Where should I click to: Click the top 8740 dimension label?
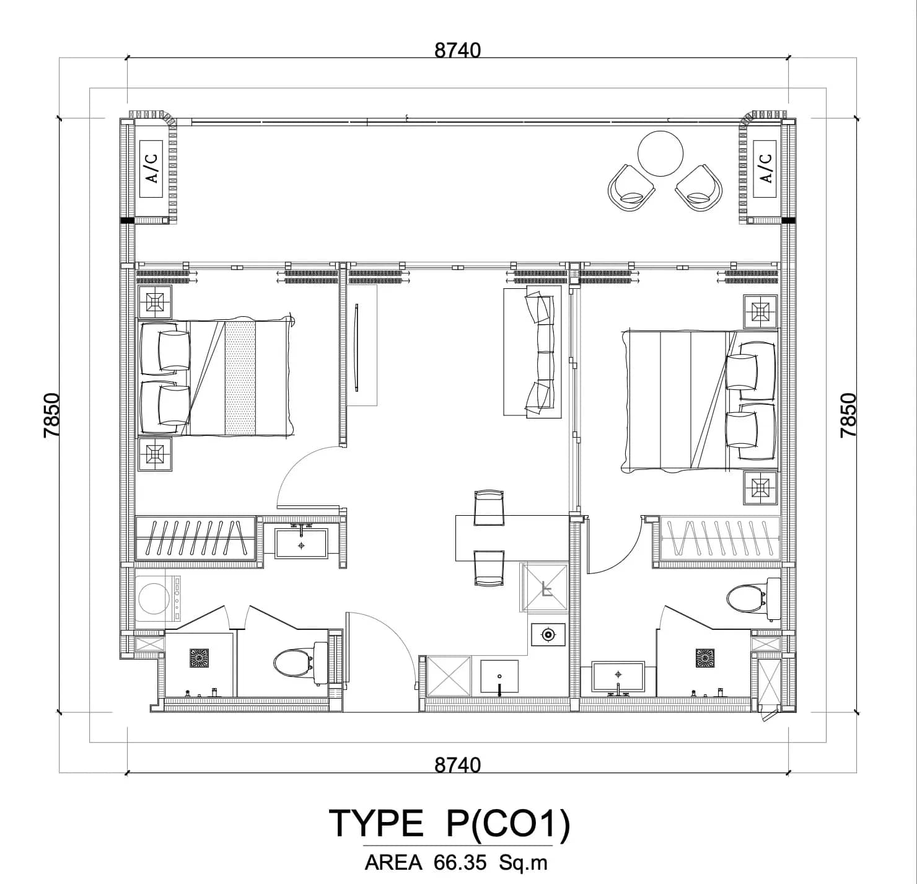457,50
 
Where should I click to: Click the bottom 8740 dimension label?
457,764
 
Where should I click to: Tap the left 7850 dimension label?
52,415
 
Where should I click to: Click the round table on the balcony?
660,154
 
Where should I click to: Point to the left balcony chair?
631,188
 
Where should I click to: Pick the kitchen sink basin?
499,678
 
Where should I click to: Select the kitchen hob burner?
548,634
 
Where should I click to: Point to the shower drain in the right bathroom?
705,658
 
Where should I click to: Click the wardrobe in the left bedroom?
195,537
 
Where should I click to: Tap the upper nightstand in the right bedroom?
760,311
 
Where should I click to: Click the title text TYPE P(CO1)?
449,824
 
